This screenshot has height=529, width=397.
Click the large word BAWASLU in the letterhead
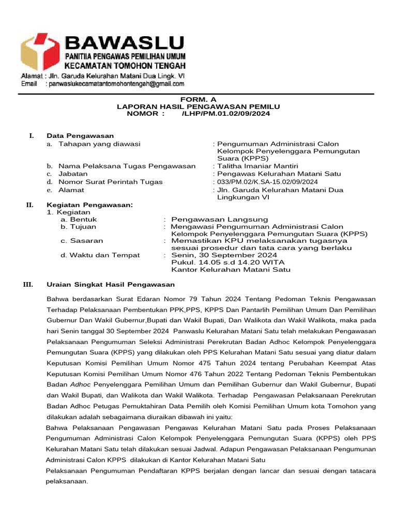pyautogui.click(x=124, y=41)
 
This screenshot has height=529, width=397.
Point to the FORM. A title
pyautogui.click(x=198, y=99)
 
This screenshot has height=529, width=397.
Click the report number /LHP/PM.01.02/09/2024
pyautogui.click(x=225, y=113)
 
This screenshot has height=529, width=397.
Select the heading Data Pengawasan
pyautogui.click(x=80, y=135)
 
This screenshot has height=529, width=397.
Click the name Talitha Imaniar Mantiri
pyautogui.click(x=257, y=166)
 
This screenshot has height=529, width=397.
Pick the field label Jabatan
pyautogui.click(x=73, y=174)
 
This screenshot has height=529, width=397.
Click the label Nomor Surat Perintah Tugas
pyautogui.click(x=110, y=182)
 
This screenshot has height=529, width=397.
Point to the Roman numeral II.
pyautogui.click(x=30, y=205)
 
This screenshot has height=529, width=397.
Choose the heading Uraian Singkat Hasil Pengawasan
pyautogui.click(x=111, y=285)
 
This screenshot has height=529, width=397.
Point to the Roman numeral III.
pyautogui.click(x=28, y=285)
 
